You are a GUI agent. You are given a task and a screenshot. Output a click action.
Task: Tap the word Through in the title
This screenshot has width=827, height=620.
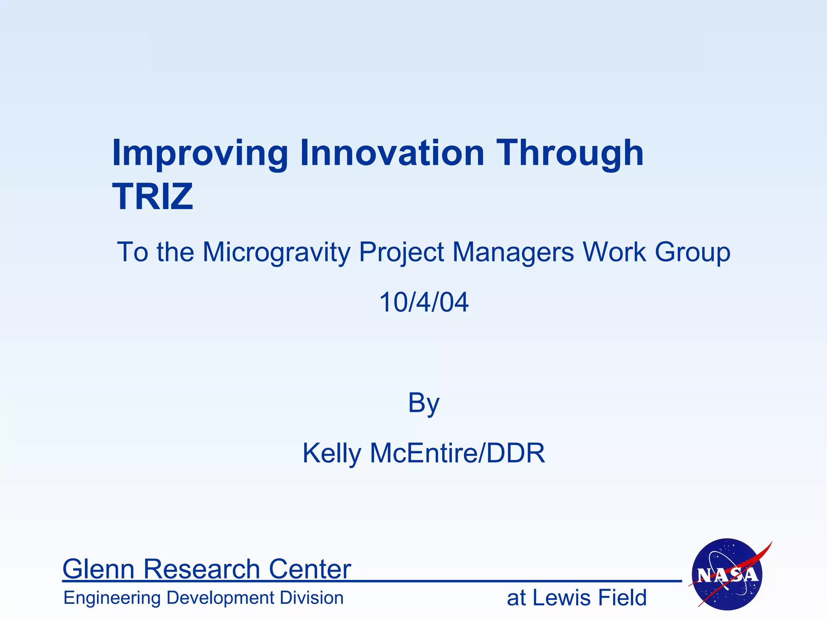click(x=569, y=153)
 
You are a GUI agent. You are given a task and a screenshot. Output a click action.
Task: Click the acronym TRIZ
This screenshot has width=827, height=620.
click(x=153, y=197)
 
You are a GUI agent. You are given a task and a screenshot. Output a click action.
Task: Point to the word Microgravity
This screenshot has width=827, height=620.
click(x=277, y=252)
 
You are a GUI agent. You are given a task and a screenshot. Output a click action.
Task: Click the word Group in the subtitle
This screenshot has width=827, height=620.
click(x=693, y=252)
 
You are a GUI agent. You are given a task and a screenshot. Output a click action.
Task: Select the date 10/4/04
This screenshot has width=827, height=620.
click(x=424, y=302)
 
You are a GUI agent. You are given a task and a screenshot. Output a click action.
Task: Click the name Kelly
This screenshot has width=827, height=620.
click(x=332, y=453)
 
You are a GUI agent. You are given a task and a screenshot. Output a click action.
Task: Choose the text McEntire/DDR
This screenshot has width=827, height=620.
click(x=458, y=453)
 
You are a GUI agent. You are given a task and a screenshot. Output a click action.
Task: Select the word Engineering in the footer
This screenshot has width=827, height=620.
click(x=112, y=598)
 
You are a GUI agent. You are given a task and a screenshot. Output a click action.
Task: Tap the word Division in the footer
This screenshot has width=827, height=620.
click(x=311, y=598)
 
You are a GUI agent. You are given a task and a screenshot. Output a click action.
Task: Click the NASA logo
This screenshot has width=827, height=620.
click(x=727, y=574)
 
